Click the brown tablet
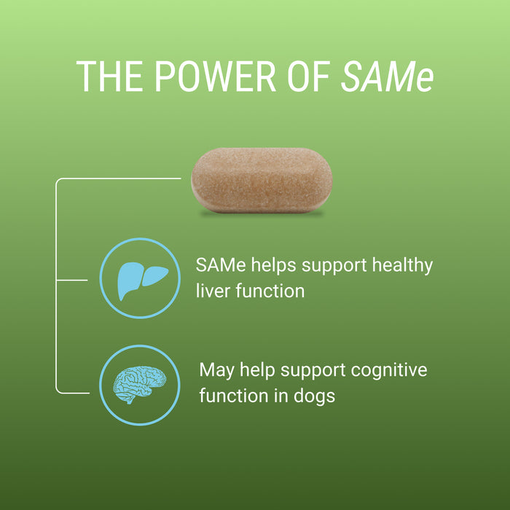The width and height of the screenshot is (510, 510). pos(262,179)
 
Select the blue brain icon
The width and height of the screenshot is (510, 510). pos(139,385)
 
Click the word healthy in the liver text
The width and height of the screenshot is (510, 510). pos(402,265)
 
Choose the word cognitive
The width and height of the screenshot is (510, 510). pos(389,370)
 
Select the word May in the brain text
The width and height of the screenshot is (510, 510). pos(217,370)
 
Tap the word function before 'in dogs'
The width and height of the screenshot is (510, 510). pos(235,396)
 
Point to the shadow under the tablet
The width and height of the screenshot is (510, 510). pos(262,214)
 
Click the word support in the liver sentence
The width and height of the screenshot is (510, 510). pos(334,265)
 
